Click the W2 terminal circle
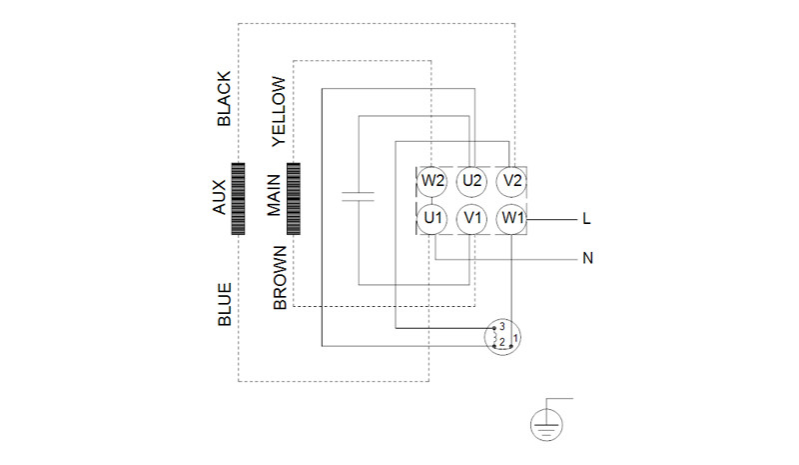(x=432, y=181)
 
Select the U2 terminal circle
(x=471, y=181)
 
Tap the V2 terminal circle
(x=511, y=181)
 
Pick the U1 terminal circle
(x=432, y=219)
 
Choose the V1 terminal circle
(x=471, y=219)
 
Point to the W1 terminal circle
(x=511, y=219)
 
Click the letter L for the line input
(x=586, y=219)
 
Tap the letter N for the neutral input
(x=587, y=258)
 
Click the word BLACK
(x=224, y=99)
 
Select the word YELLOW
(x=279, y=111)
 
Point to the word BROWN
(x=280, y=278)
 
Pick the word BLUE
(x=225, y=305)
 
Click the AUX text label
(x=219, y=197)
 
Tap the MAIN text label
(x=274, y=195)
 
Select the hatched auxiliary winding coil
(x=238, y=199)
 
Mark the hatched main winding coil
(x=294, y=199)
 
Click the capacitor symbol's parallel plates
(x=358, y=197)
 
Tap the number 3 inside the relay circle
(x=502, y=326)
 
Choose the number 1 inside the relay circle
(x=515, y=338)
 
